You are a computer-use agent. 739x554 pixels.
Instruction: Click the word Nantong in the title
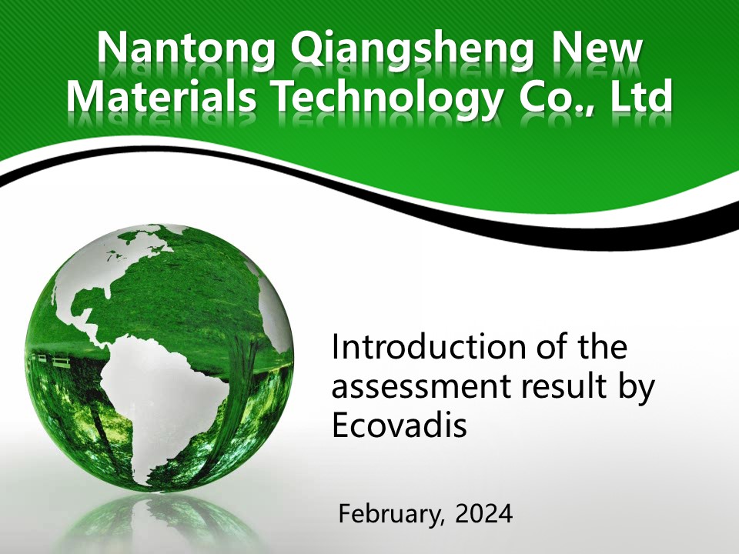(x=186, y=49)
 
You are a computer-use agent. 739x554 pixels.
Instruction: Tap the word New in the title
(x=596, y=48)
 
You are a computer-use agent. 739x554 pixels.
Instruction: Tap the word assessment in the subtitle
(x=421, y=387)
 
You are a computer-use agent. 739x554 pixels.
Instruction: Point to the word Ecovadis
(x=400, y=426)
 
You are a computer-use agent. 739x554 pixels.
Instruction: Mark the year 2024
(x=483, y=513)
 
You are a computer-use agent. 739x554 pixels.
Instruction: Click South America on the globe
(x=160, y=405)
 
